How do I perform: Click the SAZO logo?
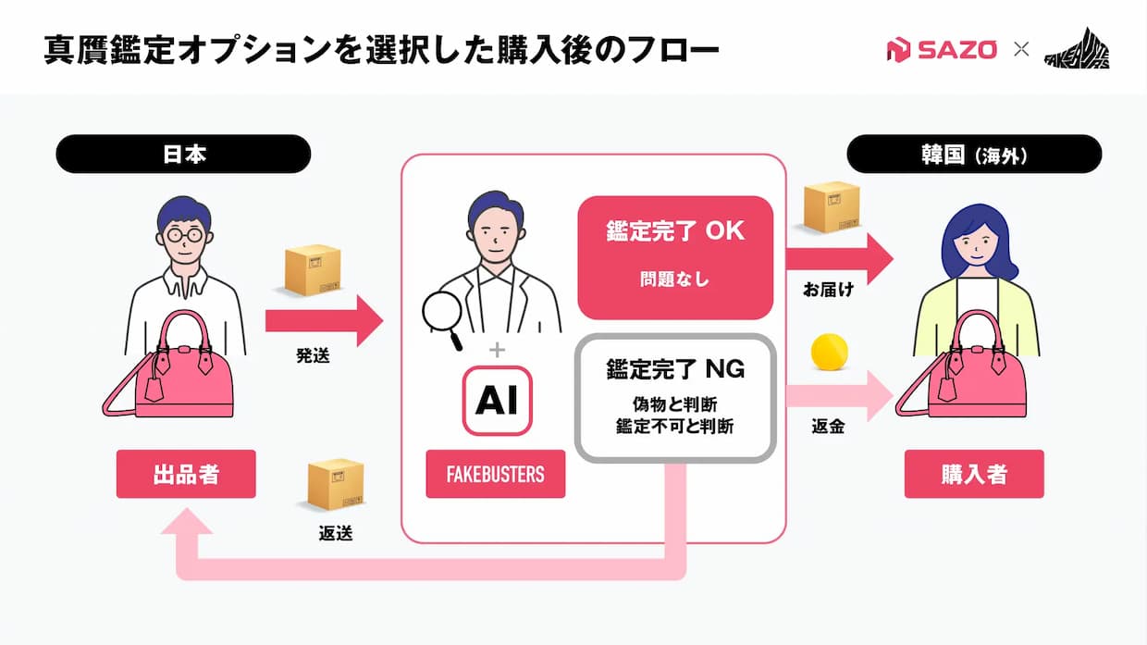pyautogui.click(x=942, y=50)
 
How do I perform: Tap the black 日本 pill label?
pyautogui.click(x=183, y=154)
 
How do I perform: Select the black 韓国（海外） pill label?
pyautogui.click(x=974, y=154)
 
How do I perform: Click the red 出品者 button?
pyautogui.click(x=186, y=474)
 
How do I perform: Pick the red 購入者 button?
pyautogui.click(x=974, y=474)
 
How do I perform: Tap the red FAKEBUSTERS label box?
pyautogui.click(x=496, y=474)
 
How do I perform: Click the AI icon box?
pyautogui.click(x=497, y=401)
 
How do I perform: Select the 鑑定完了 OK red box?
pyautogui.click(x=675, y=257)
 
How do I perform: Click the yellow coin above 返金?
pyautogui.click(x=830, y=352)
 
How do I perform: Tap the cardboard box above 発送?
pyautogui.click(x=313, y=270)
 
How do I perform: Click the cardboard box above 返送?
pyautogui.click(x=336, y=485)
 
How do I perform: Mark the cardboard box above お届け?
pyautogui.click(x=832, y=207)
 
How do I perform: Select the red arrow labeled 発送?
pyautogui.click(x=324, y=321)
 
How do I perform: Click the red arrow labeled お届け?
pyautogui.click(x=840, y=259)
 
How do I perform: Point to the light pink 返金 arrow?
pyautogui.click(x=840, y=396)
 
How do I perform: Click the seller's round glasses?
pyautogui.click(x=184, y=235)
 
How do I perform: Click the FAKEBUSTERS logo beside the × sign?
pyautogui.click(x=1077, y=49)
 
